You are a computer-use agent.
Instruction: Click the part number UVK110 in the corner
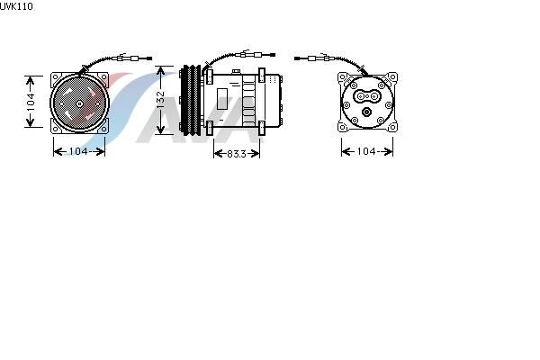(x=16, y=6)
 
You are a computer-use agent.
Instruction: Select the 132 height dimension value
(x=160, y=100)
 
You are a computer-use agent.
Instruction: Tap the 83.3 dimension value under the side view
(x=237, y=154)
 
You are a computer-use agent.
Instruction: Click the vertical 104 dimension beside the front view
(x=31, y=102)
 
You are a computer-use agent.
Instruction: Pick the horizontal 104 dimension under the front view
(x=79, y=151)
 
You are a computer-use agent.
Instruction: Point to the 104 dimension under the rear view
(x=366, y=151)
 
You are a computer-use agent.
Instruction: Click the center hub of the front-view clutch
(x=79, y=103)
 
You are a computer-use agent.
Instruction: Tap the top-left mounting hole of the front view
(x=56, y=77)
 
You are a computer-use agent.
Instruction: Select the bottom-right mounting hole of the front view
(x=103, y=130)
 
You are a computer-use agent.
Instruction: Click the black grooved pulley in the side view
(x=191, y=100)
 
